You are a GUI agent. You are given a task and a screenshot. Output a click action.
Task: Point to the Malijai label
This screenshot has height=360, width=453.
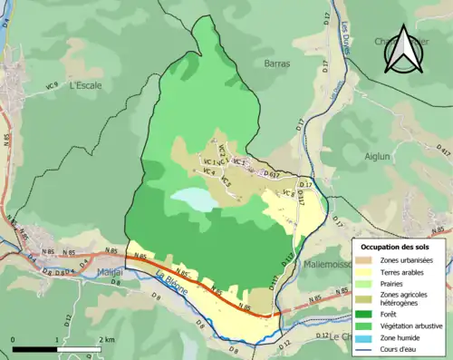pyautogui.click(x=111, y=271)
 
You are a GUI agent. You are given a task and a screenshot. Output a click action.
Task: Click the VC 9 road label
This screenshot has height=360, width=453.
pyautogui.click(x=51, y=85)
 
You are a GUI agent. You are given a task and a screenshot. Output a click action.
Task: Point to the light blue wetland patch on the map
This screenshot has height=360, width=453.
pyautogui.click(x=194, y=199)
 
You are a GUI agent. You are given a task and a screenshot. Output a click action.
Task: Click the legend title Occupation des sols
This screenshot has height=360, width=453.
pyautogui.click(x=395, y=247)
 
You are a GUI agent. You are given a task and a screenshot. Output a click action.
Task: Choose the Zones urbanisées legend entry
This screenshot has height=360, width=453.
pyautogui.click(x=407, y=260)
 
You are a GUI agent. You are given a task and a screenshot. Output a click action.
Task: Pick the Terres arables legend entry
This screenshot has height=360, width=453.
pyautogui.click(x=403, y=271)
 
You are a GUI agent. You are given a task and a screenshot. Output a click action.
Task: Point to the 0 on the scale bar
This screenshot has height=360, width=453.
pyautogui.click(x=14, y=339)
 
